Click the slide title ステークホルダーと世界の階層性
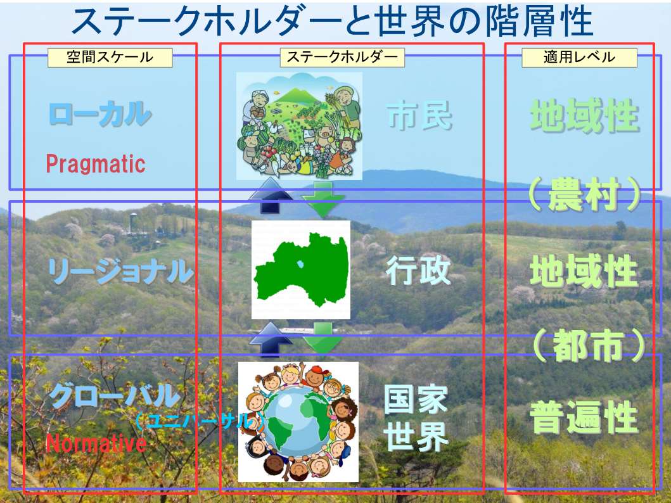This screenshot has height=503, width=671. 333,22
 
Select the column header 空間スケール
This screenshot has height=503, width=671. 110,57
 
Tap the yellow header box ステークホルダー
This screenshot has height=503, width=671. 342,57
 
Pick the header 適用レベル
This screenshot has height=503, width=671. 579,57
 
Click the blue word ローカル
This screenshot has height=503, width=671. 100,114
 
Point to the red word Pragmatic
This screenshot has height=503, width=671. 96,164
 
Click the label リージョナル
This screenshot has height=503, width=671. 120,272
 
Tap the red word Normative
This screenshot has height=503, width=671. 96,443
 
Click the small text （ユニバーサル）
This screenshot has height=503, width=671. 200,422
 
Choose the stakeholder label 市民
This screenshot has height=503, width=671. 419,116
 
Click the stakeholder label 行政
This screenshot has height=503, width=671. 418,270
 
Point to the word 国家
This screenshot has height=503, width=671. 416,398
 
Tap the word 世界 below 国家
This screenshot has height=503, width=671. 416,436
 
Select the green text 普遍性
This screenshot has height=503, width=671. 584,417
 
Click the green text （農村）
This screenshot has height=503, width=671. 584,194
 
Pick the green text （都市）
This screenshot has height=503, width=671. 589,346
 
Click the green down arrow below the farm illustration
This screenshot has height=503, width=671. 324,198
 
